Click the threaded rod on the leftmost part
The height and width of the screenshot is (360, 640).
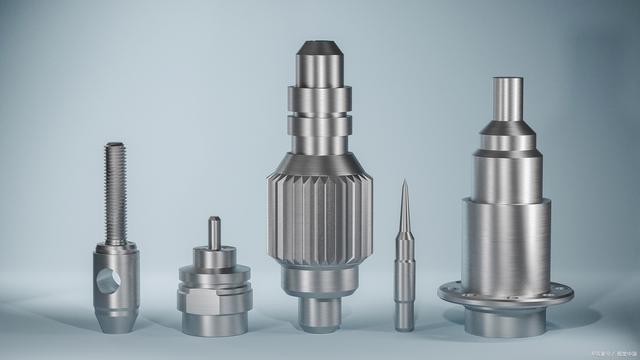116,190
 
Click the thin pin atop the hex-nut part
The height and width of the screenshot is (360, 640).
212,233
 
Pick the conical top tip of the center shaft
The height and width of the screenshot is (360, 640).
319,49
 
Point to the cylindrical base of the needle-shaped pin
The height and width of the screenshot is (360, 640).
404,305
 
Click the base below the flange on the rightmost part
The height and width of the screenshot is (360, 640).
505,320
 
